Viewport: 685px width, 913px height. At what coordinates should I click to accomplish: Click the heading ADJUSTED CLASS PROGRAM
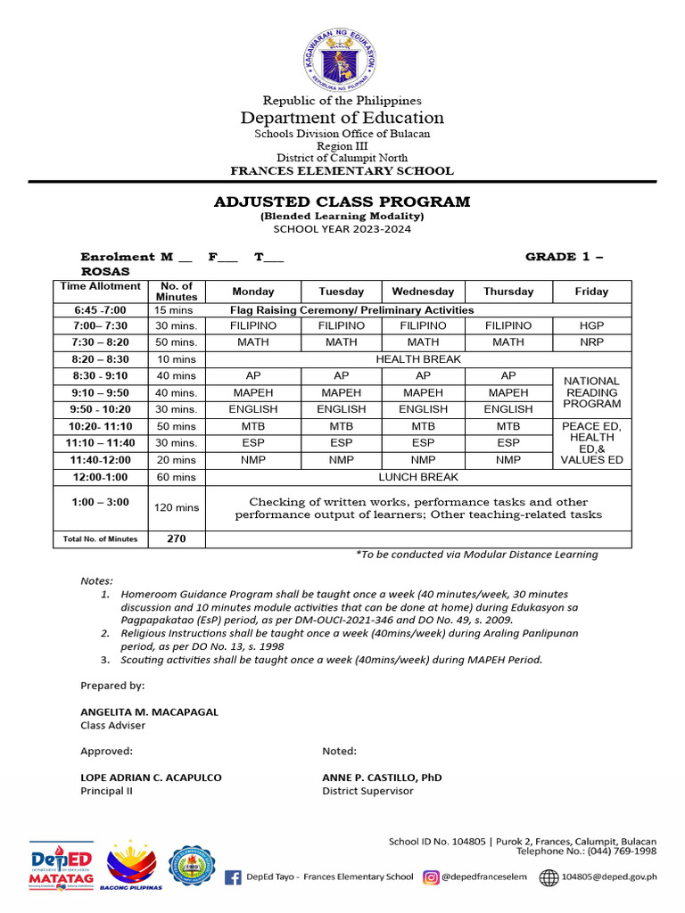[342, 202]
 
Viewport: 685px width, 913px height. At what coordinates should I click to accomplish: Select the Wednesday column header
[423, 292]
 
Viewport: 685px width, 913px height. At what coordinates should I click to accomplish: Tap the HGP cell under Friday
[591, 326]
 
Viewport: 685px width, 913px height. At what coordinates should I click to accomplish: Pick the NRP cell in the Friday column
[591, 342]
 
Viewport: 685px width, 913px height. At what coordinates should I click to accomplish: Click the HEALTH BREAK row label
[417, 359]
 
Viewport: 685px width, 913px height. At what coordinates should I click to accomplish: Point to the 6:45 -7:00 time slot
[100, 309]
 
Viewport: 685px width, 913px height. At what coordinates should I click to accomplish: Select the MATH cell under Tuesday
[341, 342]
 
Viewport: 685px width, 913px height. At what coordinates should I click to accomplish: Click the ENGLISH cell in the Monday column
[253, 409]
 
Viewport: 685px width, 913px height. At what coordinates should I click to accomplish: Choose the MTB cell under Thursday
[508, 426]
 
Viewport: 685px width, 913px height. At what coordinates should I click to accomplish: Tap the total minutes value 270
[176, 539]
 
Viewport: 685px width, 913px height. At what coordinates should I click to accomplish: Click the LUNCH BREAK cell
[417, 477]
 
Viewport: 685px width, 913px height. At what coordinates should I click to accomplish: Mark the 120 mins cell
[176, 507]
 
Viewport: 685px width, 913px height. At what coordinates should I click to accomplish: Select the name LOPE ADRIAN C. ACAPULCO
[151, 777]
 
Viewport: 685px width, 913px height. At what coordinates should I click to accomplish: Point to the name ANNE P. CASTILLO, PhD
[382, 777]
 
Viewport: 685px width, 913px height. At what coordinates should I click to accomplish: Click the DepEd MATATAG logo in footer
[62, 865]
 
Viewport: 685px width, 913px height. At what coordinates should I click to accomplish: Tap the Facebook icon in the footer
[233, 877]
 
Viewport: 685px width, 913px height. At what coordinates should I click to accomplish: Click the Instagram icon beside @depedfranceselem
[431, 877]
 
